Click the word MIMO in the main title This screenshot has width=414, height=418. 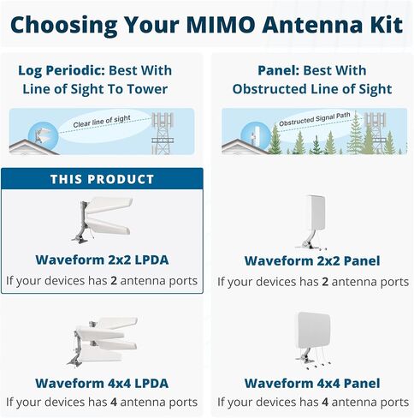pyautogui.click(x=221, y=25)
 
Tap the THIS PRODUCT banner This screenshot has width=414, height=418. pyautogui.click(x=102, y=179)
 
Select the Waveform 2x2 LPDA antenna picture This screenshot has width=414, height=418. pyautogui.click(x=102, y=220)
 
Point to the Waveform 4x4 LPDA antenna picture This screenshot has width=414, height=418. pyautogui.click(x=102, y=341)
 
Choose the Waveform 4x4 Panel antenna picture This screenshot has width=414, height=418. pyautogui.click(x=313, y=341)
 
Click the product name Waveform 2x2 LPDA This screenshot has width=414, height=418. pyautogui.click(x=102, y=260)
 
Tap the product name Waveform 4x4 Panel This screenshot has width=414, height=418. pyautogui.click(x=312, y=383)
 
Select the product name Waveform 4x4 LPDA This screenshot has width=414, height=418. pyautogui.click(x=102, y=383)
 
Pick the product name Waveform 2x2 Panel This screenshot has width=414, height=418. pyautogui.click(x=312, y=260)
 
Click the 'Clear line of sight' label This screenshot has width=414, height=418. pyautogui.click(x=102, y=122)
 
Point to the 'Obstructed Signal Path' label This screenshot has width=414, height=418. pyautogui.click(x=315, y=119)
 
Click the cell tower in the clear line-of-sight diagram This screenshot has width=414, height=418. pyautogui.click(x=163, y=134)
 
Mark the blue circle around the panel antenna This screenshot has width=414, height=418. pyautogui.click(x=256, y=136)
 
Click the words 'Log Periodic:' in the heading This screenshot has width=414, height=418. pyautogui.click(x=62, y=71)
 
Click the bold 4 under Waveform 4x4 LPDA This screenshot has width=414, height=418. pyautogui.click(x=114, y=402)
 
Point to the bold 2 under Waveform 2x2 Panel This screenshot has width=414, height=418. pyautogui.click(x=325, y=282)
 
